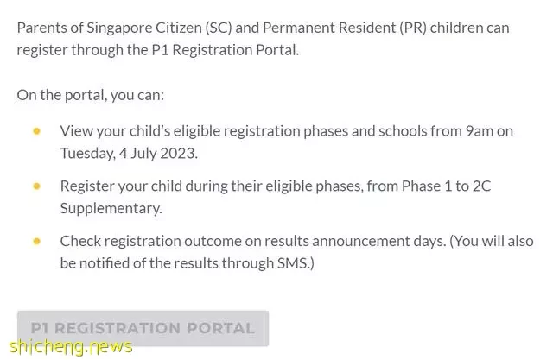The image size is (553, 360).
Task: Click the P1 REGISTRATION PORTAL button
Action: click(x=143, y=328)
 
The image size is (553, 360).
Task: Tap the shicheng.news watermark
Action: click(x=71, y=346)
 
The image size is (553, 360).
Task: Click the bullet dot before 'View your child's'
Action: click(x=36, y=131)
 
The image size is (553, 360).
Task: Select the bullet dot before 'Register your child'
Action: click(x=36, y=186)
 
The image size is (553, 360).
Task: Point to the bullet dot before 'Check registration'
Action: click(x=36, y=241)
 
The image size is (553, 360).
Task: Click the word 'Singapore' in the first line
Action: click(x=119, y=28)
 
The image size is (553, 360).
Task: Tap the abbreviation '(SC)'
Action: click(x=219, y=28)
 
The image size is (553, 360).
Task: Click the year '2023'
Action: click(x=179, y=153)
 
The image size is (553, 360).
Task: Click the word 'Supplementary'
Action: click(x=111, y=209)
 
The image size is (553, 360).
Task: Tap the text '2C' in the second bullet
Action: click(x=482, y=186)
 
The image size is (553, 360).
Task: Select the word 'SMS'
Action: click(x=292, y=263)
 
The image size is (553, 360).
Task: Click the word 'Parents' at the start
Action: click(x=41, y=28)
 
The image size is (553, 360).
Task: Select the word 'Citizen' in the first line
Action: click(x=179, y=28)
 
